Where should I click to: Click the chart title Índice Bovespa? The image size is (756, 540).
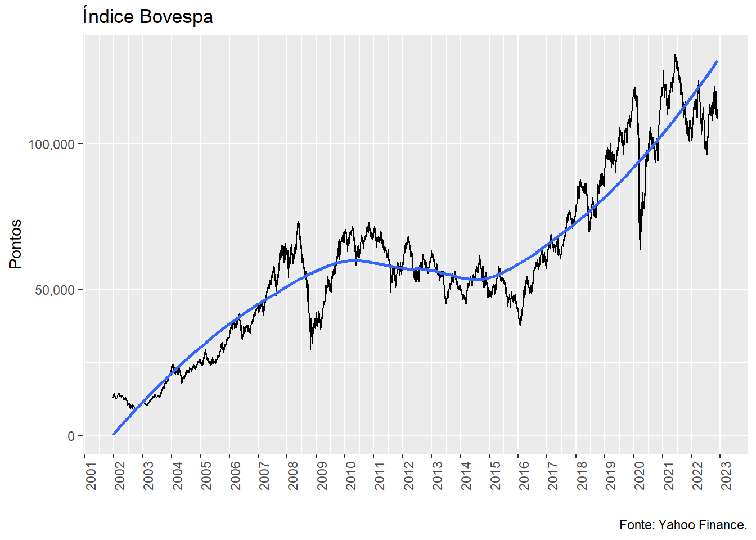pos(147,17)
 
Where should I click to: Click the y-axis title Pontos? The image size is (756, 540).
pos(16,244)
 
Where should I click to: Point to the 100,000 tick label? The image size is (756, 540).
pos(51,144)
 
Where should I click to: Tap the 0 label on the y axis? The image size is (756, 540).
pos(71,436)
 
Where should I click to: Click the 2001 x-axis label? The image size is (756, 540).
pos(91,476)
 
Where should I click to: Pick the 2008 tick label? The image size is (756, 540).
pos(293,476)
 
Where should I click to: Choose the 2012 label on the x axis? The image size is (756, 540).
pos(408,476)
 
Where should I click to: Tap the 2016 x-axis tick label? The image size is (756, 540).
pos(524,476)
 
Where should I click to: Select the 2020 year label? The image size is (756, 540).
pos(640,476)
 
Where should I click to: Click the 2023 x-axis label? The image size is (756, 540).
pos(726,476)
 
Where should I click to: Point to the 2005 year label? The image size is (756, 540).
pos(206,476)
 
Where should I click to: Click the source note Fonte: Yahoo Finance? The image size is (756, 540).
pos(683,525)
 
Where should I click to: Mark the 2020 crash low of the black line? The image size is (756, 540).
pos(640,249)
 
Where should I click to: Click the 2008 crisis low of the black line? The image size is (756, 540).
pos(310,349)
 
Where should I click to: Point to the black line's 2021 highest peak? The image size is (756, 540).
pos(675,55)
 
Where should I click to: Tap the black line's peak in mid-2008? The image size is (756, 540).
pos(298,221)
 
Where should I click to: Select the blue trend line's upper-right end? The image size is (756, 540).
pos(717,61)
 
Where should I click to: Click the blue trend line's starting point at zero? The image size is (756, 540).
pos(114,434)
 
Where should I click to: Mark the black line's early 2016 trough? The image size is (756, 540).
pos(520,325)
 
